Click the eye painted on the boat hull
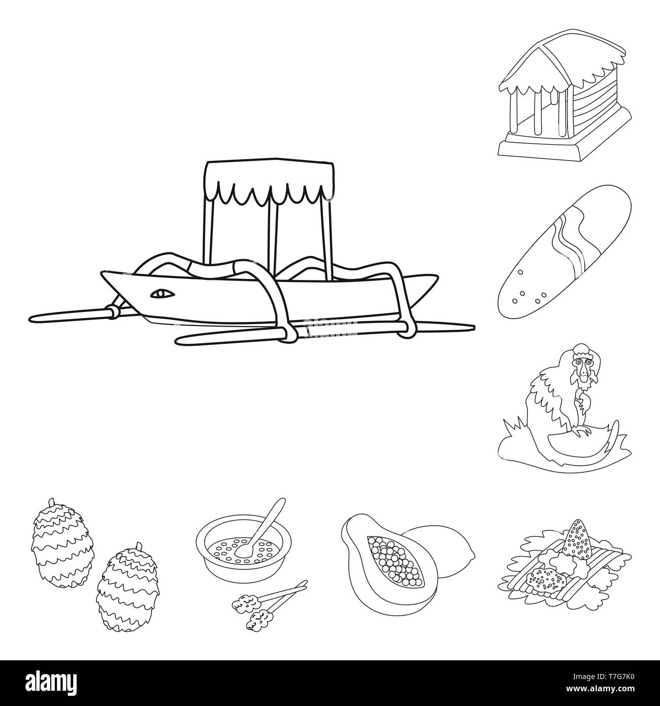pyautogui.click(x=162, y=294)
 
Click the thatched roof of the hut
pyautogui.click(x=564, y=68)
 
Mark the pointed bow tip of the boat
pyautogui.click(x=102, y=273)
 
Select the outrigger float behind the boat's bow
pyautogui.click(x=73, y=315)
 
